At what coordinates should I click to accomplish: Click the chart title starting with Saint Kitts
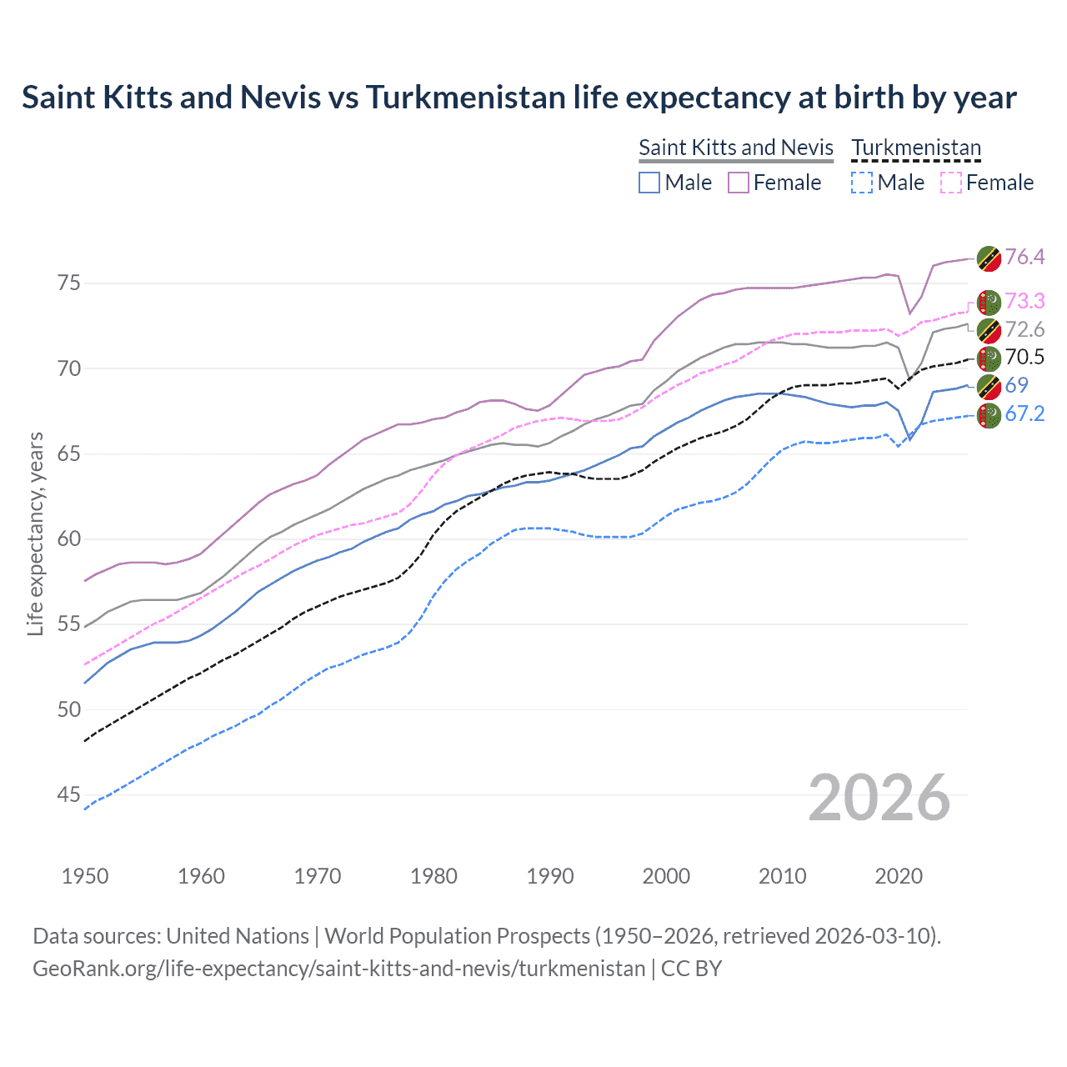pos(518,98)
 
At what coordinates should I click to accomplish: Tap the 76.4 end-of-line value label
pos(1024,257)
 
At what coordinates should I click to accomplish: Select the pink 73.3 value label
pos(1024,301)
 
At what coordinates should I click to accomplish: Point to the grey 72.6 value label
pos(1024,329)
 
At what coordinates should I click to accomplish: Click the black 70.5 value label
pos(1024,358)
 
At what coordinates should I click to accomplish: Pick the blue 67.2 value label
pos(1024,413)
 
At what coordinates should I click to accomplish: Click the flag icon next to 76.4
pos(989,258)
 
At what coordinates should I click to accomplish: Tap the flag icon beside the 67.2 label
pos(989,415)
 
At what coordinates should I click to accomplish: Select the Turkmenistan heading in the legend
pos(916,148)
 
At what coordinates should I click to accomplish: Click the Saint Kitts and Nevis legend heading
pos(735,148)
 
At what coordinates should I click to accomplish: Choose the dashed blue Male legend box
pos(862,183)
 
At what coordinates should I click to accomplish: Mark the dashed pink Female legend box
pos(951,183)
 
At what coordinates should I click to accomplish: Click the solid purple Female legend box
pos(739,183)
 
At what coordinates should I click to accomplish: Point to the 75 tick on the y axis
pos(69,283)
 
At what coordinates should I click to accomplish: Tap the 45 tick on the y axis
pos(69,795)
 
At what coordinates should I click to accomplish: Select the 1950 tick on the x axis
pos(85,876)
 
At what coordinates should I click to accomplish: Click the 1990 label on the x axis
pos(550,876)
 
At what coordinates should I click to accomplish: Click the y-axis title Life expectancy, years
pos(35,533)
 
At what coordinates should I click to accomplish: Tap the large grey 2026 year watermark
pos(879,798)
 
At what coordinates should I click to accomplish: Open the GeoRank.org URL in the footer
pos(338,969)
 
